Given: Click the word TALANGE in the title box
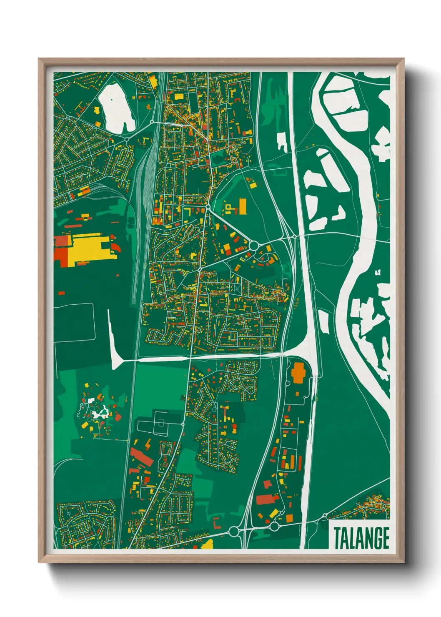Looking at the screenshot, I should click(x=361, y=538).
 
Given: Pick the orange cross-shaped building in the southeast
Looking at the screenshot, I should click(x=298, y=372).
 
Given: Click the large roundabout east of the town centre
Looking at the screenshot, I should click(x=253, y=245).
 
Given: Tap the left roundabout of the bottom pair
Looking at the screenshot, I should click(x=234, y=531).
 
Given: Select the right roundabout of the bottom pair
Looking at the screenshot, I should click(x=274, y=526).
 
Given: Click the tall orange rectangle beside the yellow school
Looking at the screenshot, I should click(x=243, y=206).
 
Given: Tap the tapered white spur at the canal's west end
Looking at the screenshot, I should click(x=113, y=342).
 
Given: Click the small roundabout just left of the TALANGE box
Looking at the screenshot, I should click(x=324, y=516).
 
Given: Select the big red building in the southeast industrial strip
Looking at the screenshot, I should click(x=267, y=499).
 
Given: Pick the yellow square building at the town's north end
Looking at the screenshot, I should click(x=179, y=96).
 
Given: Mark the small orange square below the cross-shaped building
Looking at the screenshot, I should click(x=297, y=393).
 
